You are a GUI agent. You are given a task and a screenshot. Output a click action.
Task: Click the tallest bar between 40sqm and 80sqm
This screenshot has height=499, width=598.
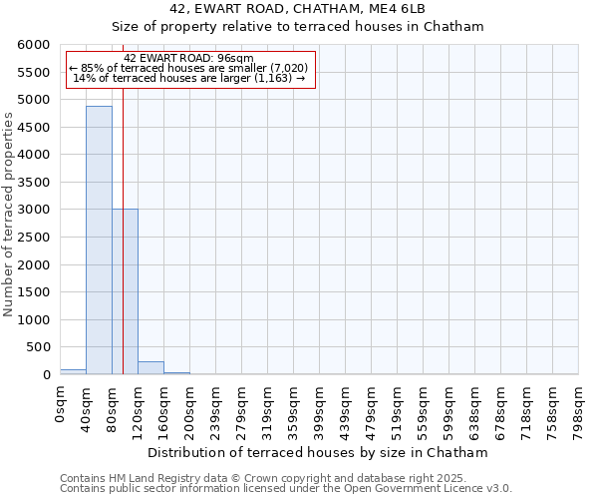[99, 240]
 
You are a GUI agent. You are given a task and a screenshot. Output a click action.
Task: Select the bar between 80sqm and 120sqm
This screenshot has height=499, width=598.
[125, 291]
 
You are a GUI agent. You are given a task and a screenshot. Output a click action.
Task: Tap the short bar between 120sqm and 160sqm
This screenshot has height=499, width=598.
[150, 367]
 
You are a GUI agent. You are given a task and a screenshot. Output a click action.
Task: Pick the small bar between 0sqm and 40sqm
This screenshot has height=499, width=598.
[73, 371]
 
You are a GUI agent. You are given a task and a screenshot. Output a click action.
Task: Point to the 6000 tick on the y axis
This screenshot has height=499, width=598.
[34, 45]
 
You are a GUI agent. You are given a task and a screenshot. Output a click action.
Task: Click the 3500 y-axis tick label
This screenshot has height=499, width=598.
[34, 183]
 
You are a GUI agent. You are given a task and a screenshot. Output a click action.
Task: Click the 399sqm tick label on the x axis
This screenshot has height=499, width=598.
[320, 408]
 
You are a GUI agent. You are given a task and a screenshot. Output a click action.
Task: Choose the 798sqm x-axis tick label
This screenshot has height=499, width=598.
[579, 408]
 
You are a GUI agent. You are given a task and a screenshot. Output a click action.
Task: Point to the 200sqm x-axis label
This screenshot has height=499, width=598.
[190, 408]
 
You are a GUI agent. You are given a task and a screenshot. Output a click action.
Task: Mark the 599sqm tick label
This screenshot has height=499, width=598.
[449, 408]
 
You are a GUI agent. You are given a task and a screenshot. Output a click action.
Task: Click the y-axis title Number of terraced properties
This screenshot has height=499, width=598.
[9, 215]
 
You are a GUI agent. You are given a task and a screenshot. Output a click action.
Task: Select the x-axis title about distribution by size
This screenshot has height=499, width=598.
[318, 453]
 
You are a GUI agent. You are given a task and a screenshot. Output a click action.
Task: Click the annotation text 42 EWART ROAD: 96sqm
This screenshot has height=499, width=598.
[189, 58]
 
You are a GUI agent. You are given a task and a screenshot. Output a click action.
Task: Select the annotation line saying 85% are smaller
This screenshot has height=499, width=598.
[189, 68]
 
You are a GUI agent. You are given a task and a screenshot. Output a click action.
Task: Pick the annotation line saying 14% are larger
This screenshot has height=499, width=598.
[189, 78]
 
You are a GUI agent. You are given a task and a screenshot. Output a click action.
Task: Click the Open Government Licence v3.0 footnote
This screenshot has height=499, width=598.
[286, 489]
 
